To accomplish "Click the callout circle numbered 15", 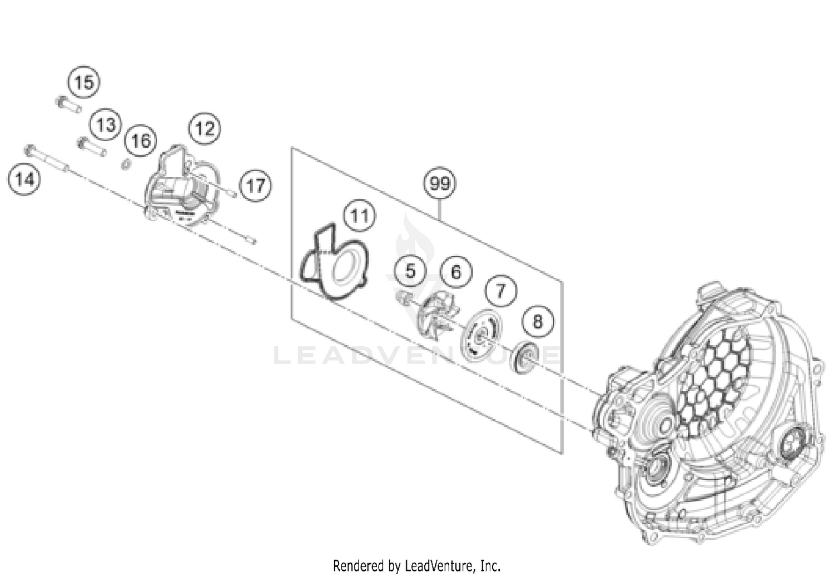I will (x=84, y=82).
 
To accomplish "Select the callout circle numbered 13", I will (x=106, y=125).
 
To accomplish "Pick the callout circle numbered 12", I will (x=204, y=128).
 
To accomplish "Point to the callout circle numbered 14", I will (x=24, y=179).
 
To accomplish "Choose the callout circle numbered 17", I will (x=256, y=185).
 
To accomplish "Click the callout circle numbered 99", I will (x=440, y=183).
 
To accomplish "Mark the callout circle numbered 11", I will (x=359, y=215).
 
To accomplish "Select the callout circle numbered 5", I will (x=410, y=271).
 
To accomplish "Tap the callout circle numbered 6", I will (x=456, y=271).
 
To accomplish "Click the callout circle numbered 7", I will (x=500, y=290).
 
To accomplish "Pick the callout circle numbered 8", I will (x=537, y=321).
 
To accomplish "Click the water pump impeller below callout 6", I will (x=437, y=314).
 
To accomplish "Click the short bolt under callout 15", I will (x=68, y=105).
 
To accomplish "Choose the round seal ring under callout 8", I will (x=525, y=359).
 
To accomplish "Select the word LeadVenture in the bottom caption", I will (x=440, y=566).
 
